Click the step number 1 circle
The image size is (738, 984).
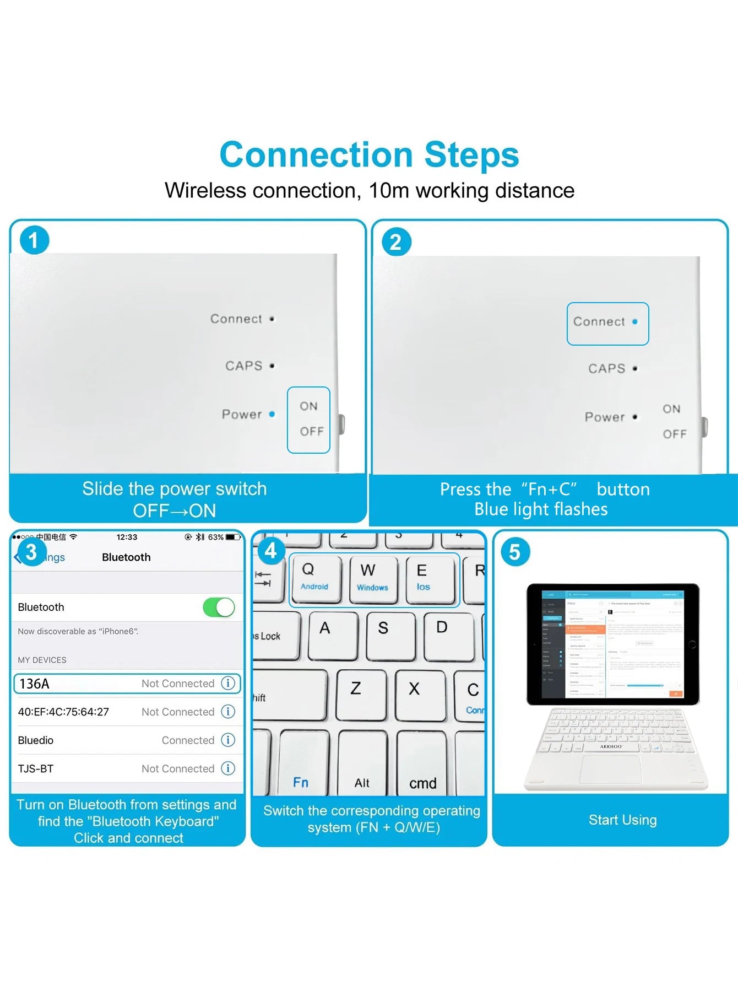pos(34,240)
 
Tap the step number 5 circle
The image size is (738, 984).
pos(514,552)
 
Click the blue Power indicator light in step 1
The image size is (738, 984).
pos(272,414)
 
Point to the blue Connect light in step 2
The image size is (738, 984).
pos(635,321)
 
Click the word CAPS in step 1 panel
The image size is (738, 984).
pos(243,366)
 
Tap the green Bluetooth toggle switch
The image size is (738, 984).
pos(219,607)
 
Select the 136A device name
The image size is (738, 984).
pos(35,684)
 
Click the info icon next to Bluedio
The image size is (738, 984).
pos(228,740)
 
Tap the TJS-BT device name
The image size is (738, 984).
pos(36,768)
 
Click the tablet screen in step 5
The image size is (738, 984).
pos(613,643)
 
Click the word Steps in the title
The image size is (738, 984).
pos(471,154)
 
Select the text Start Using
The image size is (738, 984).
pos(622,820)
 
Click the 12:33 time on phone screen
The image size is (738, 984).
pos(127,537)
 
